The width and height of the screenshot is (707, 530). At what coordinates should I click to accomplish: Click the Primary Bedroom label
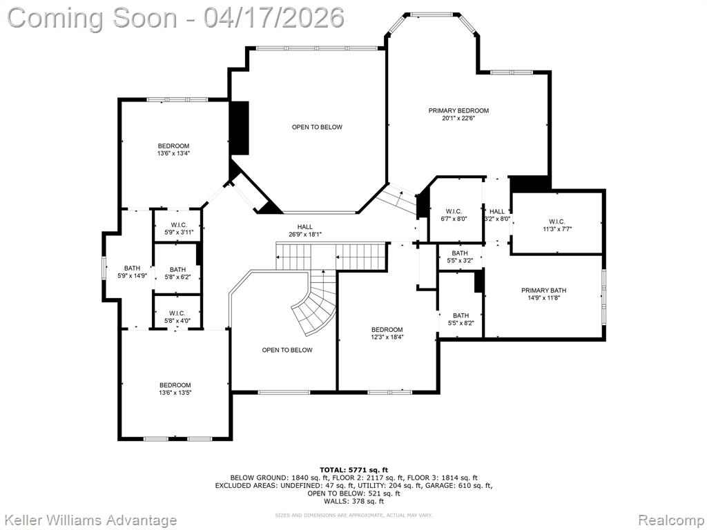point(458,110)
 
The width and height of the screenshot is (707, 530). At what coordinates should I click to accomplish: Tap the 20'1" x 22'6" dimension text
point(458,118)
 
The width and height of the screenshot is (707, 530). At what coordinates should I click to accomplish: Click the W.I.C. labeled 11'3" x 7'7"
point(556,225)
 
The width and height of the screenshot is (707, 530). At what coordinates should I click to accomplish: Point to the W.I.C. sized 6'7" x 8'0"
point(454,215)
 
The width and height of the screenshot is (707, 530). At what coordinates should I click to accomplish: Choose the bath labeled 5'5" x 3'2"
point(460,257)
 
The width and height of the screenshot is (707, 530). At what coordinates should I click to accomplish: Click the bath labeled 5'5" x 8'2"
point(461,319)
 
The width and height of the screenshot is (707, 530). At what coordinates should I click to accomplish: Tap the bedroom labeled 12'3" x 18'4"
point(387,333)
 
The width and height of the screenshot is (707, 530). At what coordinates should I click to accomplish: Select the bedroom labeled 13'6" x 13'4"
point(173,149)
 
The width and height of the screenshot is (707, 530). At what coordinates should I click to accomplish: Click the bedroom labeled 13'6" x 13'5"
point(175,389)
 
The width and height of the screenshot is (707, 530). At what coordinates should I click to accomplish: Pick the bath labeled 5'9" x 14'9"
point(132,271)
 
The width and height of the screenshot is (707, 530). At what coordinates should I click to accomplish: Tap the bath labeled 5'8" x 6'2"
point(177,273)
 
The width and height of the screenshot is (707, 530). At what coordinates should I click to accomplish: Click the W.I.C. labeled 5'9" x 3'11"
point(177,228)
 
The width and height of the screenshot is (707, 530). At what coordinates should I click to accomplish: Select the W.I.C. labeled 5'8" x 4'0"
point(177,317)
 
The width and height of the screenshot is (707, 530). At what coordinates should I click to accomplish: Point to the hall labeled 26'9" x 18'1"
point(304,230)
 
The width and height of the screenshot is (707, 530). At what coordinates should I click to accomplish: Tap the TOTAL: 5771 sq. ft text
point(353,469)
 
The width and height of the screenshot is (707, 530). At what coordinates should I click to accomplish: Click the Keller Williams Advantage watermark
point(90,520)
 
